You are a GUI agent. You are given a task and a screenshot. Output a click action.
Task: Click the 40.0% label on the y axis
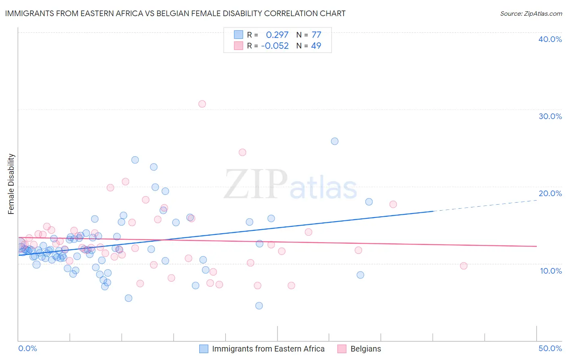click(x=550, y=39)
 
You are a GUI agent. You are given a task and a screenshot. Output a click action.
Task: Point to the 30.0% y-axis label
click(x=550, y=116)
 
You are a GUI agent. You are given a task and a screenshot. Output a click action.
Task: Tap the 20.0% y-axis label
click(x=550, y=193)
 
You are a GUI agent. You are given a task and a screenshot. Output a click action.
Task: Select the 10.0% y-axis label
click(x=551, y=271)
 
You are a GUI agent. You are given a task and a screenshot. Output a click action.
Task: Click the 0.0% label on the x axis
click(x=27, y=348)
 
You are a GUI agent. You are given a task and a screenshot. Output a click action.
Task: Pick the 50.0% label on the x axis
click(x=550, y=348)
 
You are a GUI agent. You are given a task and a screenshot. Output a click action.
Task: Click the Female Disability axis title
click(x=11, y=184)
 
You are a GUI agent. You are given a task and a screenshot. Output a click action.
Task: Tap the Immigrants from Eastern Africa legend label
click(x=268, y=349)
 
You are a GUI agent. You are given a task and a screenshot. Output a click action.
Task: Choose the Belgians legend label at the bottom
click(x=366, y=349)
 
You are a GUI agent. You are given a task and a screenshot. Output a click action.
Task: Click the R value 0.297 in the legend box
click(x=277, y=35)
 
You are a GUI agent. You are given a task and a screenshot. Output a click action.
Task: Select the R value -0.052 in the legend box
click(x=275, y=46)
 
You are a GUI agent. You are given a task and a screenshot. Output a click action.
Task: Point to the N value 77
click(x=316, y=35)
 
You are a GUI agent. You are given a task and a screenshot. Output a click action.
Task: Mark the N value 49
click(x=316, y=46)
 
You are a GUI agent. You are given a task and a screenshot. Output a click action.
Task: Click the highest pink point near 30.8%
click(x=202, y=104)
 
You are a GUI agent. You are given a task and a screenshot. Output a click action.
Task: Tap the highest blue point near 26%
click(x=335, y=141)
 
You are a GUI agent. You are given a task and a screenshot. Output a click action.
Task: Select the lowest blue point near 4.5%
click(x=259, y=306)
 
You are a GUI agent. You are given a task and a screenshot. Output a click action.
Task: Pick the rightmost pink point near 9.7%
click(x=464, y=266)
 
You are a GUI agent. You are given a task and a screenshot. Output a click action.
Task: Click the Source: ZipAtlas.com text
click(x=531, y=13)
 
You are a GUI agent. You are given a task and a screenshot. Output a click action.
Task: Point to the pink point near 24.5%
click(x=242, y=152)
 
